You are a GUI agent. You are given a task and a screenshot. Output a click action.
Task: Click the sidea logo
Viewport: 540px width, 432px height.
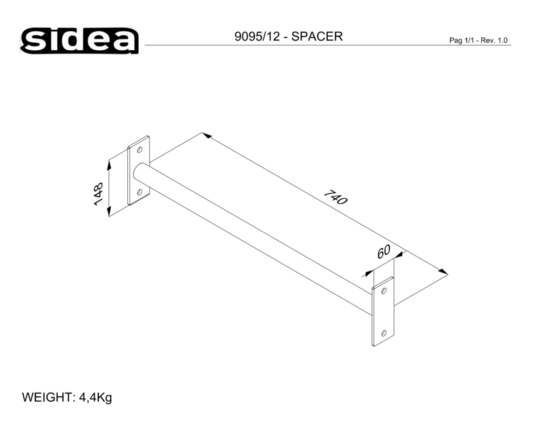click(x=80, y=40)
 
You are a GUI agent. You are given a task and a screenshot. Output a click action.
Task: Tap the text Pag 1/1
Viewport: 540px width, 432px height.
click(x=462, y=40)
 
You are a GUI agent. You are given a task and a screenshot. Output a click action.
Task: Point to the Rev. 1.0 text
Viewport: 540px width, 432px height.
click(x=496, y=40)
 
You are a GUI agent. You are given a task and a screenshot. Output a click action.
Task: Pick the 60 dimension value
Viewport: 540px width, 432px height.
click(x=383, y=252)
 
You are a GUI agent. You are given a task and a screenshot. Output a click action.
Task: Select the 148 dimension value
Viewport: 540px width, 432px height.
click(x=98, y=194)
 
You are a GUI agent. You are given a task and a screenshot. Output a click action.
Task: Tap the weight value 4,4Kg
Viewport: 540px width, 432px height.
click(x=96, y=398)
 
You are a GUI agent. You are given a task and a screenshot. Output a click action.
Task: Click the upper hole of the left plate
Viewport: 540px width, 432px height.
click(x=140, y=149)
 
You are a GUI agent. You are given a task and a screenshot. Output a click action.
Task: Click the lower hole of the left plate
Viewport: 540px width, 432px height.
click(x=139, y=192)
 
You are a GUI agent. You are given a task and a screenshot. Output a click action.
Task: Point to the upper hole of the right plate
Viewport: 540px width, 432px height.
click(x=384, y=291)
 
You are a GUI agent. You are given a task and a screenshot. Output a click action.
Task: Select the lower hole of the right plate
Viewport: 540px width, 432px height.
click(x=383, y=333)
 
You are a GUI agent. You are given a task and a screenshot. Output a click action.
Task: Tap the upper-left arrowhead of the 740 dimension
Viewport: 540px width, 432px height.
click(x=206, y=136)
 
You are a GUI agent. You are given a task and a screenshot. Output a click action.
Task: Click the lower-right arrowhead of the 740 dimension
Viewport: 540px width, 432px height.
click(x=443, y=272)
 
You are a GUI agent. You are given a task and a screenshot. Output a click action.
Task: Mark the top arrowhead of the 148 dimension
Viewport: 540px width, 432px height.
click(x=109, y=163)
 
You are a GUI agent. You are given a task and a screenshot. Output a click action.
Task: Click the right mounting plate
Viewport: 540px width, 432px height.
click(x=383, y=312)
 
